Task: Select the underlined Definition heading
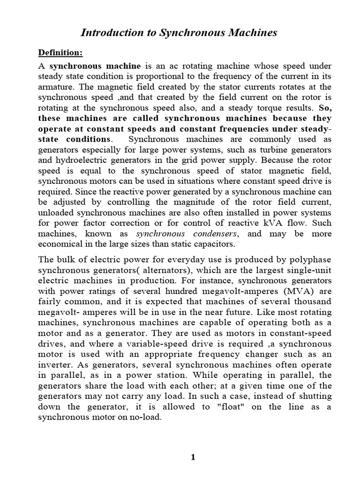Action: click(x=60, y=52)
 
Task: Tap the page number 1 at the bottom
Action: click(x=192, y=458)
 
